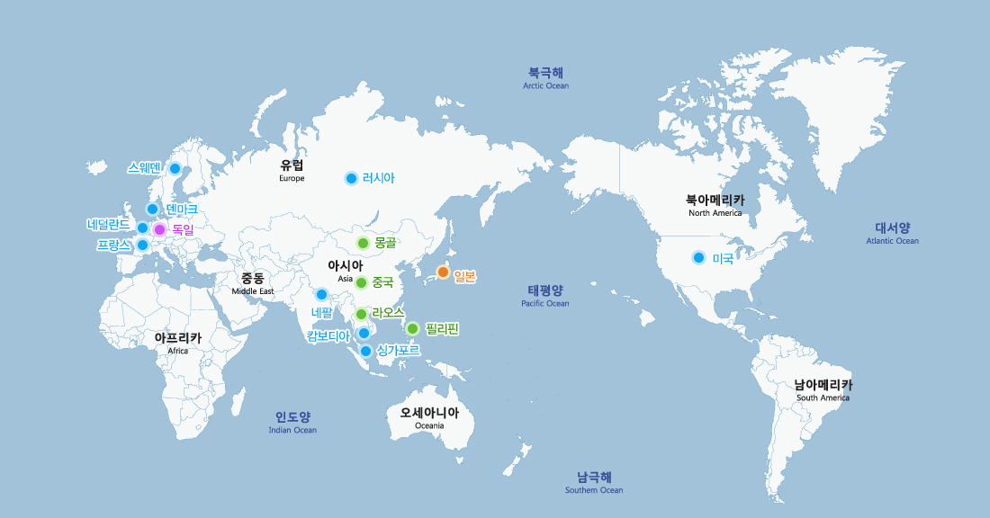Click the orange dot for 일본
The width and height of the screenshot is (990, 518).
click(443, 272)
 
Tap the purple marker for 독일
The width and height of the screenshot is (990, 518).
click(159, 229)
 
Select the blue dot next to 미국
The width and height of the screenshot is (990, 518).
click(698, 258)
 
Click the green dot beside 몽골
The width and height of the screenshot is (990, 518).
click(363, 243)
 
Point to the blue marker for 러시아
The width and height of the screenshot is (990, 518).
click(351, 178)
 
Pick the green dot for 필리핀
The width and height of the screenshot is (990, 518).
click(412, 328)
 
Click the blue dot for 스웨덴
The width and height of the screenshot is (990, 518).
click(175, 168)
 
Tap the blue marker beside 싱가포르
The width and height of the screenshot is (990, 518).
click(365, 351)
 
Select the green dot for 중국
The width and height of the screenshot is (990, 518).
click(361, 282)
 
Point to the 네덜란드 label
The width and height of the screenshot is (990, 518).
click(109, 224)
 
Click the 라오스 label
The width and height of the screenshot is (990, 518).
click(388, 312)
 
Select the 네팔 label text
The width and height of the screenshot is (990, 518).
click(321, 312)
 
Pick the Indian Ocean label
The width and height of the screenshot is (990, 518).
click(292, 422)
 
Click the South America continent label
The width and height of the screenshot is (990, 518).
click(823, 389)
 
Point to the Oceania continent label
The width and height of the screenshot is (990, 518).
click(429, 418)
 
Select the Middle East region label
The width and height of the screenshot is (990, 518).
click(252, 283)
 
